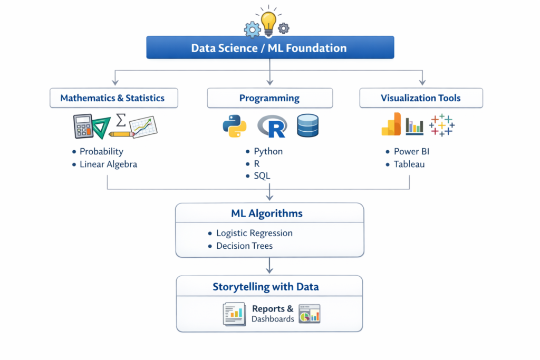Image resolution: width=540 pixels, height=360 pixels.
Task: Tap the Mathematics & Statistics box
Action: pos(113,98)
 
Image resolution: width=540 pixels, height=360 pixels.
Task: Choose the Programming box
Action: pos(269,98)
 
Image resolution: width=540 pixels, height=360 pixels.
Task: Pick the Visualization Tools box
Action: pos(421,98)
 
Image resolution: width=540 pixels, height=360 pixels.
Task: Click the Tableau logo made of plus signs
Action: pos(442,125)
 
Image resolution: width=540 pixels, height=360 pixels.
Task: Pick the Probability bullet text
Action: pos(101,151)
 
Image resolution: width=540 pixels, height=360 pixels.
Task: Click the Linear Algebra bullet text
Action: pos(108,164)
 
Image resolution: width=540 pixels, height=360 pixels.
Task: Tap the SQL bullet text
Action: pos(262,176)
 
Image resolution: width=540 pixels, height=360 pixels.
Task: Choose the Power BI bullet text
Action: pos(412,151)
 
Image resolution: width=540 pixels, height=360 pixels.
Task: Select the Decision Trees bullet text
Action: pos(244,246)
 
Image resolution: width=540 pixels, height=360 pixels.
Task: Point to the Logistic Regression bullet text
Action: pos(254,233)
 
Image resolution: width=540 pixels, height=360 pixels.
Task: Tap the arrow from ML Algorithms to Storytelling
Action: pos(269,266)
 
